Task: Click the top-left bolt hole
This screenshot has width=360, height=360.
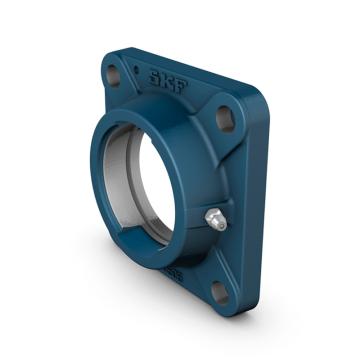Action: point(114,75)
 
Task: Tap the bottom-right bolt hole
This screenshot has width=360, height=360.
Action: point(220,291)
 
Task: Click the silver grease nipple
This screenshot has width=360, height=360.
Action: point(214,220)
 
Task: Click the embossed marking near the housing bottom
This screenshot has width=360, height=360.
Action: point(171,271)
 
